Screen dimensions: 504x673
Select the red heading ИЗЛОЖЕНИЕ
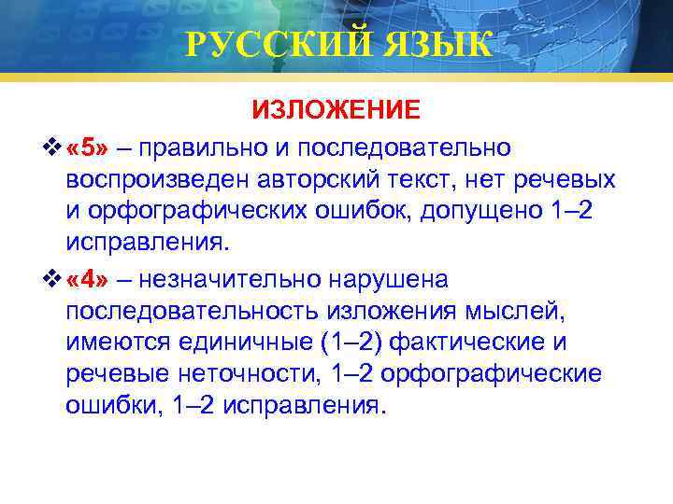(336, 110)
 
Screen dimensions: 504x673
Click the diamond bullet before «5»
(53, 147)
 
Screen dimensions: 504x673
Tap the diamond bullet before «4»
(53, 278)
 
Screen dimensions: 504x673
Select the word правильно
(202, 147)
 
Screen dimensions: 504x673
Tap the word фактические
(471, 342)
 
